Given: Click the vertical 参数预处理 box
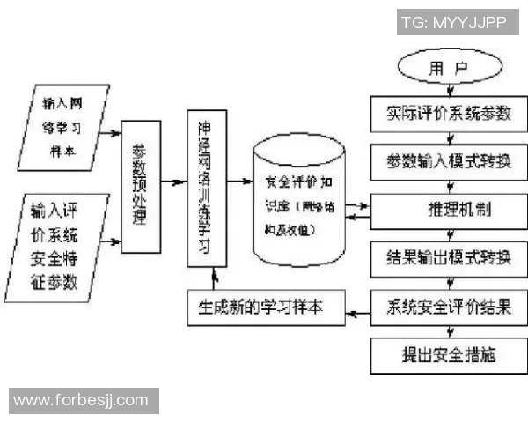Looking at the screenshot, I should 142,186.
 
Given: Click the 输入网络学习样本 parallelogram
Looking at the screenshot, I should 63,125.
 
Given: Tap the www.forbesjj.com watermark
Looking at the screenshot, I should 81,400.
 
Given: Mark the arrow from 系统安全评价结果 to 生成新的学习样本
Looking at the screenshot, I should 360,309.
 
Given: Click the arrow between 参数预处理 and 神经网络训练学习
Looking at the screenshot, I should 176,187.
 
